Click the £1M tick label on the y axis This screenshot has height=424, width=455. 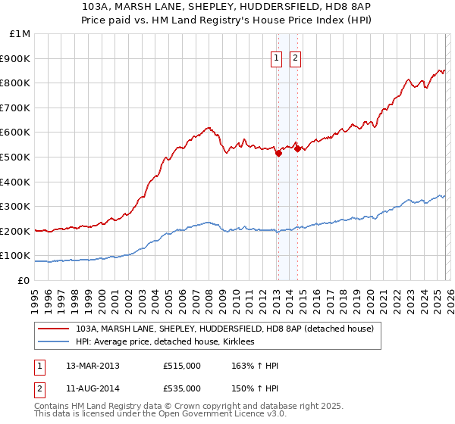(20, 34)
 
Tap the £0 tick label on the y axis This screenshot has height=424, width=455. (24, 280)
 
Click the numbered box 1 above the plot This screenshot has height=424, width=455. (277, 59)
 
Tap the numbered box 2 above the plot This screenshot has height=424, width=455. (295, 59)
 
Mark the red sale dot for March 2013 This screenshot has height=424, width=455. (278, 153)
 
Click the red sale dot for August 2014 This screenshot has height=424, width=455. (297, 148)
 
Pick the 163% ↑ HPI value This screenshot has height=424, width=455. (256, 366)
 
